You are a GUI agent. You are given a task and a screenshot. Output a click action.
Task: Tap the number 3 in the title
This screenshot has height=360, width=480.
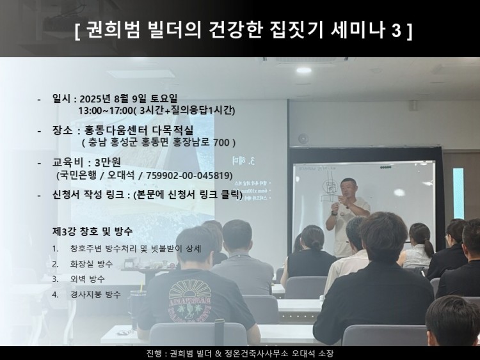(x=393, y=31)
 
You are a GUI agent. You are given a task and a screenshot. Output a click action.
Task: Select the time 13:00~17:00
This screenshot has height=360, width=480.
(x=103, y=110)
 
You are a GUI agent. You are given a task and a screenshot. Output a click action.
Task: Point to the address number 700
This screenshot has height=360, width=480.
(x=221, y=142)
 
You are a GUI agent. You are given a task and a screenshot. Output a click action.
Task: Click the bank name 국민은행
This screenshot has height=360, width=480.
(x=77, y=175)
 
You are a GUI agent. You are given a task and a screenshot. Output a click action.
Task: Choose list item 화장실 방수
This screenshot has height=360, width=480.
(x=95, y=263)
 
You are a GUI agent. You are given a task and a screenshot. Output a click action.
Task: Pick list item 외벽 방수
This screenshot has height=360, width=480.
(x=88, y=279)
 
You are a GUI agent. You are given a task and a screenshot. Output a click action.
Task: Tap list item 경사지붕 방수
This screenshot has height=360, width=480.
(x=95, y=294)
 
